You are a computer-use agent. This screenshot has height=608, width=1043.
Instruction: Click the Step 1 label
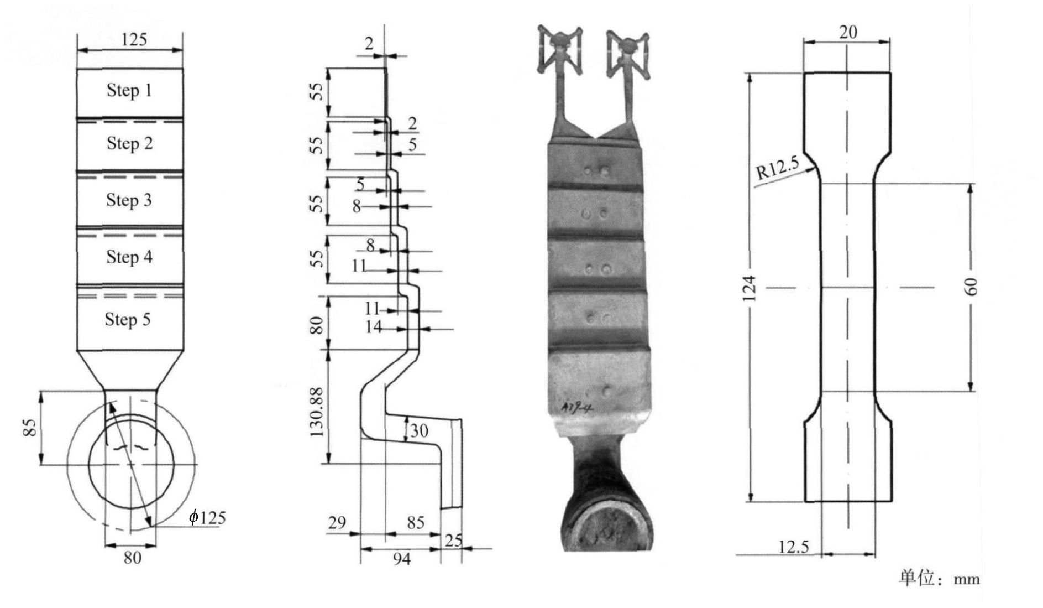click(x=129, y=90)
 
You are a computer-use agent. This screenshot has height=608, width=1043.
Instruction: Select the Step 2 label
click(x=129, y=143)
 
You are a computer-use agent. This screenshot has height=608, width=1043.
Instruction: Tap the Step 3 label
click(x=129, y=200)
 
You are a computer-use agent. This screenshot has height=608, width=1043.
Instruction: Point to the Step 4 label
click(x=129, y=257)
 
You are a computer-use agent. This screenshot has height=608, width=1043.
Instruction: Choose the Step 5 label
click(x=128, y=319)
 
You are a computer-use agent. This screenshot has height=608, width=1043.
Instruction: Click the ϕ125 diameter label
click(x=207, y=517)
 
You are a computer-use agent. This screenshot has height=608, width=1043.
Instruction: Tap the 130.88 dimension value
click(x=316, y=412)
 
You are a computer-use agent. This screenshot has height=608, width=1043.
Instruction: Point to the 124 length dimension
click(x=748, y=288)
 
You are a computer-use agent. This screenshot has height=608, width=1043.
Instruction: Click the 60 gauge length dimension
click(x=971, y=287)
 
